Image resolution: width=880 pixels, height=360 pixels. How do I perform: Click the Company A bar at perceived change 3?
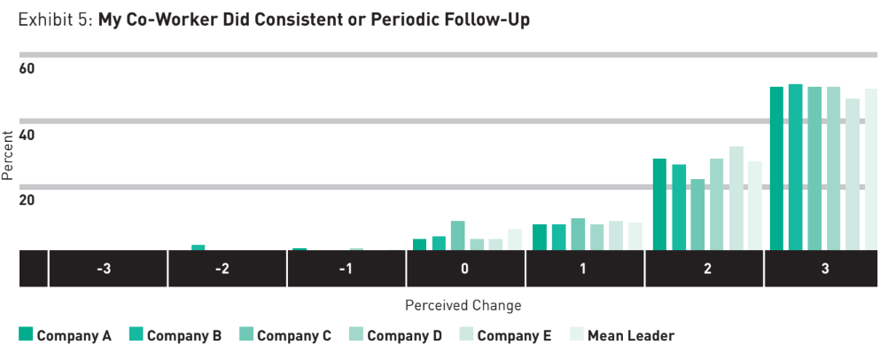pos(776,168)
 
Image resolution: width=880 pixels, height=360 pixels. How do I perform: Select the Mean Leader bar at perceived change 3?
pos(870,169)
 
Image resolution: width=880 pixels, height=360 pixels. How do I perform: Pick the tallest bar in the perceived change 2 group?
pos(736,199)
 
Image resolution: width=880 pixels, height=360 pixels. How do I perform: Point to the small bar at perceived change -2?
pos(198,247)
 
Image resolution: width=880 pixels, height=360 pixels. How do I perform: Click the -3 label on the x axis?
pos(107,269)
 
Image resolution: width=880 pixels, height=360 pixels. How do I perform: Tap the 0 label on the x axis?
pos(464,269)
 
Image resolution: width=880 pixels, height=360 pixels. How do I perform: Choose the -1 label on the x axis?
pos(346,269)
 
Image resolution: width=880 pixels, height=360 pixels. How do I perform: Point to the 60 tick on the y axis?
pos(27,69)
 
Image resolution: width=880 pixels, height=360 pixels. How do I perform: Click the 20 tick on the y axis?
pos(27,200)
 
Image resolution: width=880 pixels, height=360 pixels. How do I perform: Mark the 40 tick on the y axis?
pos(27,135)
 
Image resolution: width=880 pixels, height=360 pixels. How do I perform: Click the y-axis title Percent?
pos(8,156)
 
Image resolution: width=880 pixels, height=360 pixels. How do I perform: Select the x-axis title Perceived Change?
pos(463,305)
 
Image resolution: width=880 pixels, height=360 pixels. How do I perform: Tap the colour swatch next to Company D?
pos(355,335)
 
